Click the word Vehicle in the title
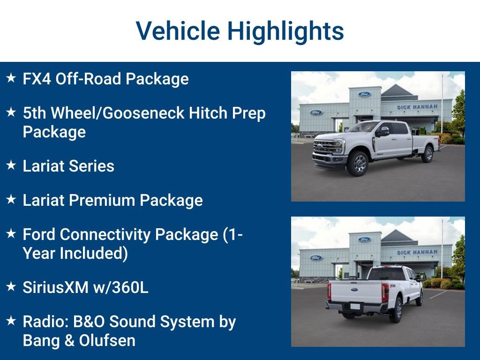pos(178,31)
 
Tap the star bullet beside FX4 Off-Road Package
pos(11,78)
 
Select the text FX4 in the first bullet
pos(37,79)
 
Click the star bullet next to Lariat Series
pos(11,165)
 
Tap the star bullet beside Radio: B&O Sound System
pos(11,321)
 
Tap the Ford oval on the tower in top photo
pos(364,94)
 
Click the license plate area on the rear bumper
pos(355,307)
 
